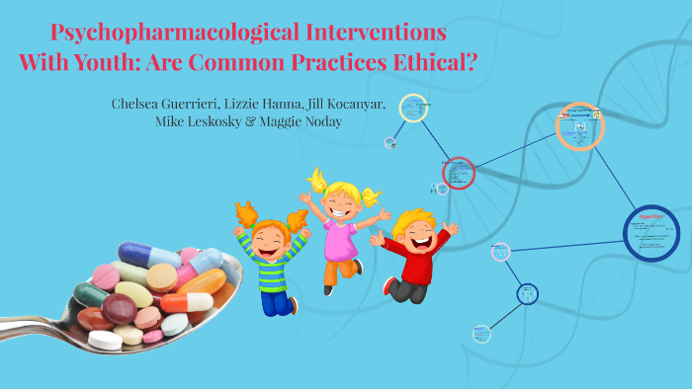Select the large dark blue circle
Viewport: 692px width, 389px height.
(x=651, y=233)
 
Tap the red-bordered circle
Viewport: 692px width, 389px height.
(x=459, y=173)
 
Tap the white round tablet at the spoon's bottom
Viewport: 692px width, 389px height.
(x=105, y=341)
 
